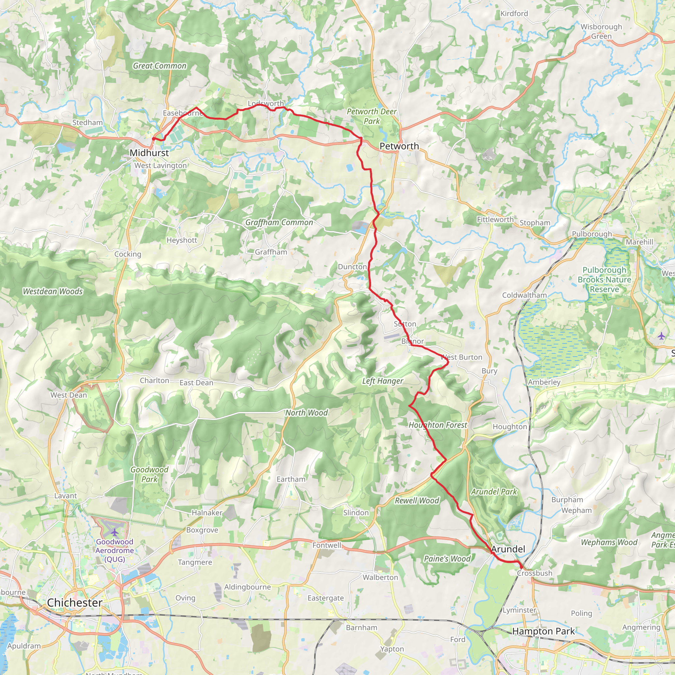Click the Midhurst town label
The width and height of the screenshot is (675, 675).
149,153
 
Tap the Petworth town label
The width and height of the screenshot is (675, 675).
399,146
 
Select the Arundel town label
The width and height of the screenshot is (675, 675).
508,549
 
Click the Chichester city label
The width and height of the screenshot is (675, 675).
74,602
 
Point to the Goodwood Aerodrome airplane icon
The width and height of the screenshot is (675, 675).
115,533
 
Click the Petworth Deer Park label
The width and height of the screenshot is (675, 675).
371,116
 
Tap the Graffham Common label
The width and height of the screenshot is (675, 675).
279,222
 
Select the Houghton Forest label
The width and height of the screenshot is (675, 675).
437,425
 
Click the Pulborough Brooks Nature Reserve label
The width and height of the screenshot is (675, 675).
604,279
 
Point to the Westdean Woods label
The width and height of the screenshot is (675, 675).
53,291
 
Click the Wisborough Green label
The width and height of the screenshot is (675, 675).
601,31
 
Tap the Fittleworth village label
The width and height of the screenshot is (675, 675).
495,220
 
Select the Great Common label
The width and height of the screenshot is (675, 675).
160,66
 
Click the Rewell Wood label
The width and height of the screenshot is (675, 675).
417,500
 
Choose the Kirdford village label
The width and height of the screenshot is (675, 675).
514,14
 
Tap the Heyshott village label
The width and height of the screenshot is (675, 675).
182,240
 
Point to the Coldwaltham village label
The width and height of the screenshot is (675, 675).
524,295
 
